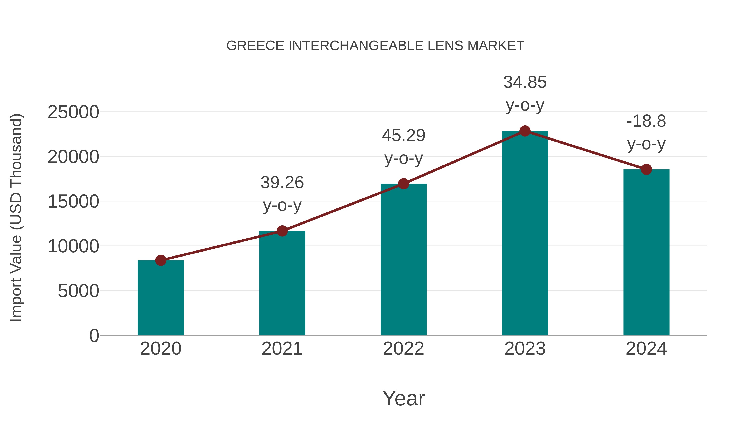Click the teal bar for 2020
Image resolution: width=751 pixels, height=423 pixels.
click(x=161, y=298)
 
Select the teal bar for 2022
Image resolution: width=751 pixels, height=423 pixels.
click(x=403, y=260)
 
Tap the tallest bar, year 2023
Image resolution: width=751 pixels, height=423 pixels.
click(x=525, y=234)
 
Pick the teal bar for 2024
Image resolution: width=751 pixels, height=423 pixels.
click(x=646, y=253)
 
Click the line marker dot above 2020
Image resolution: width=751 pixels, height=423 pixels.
click(x=161, y=260)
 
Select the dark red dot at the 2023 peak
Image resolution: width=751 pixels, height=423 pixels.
click(x=525, y=131)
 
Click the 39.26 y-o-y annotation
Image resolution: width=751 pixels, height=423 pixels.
click(x=282, y=194)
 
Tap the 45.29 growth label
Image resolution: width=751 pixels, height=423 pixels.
click(x=403, y=147)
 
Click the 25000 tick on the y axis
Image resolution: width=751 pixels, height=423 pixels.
click(x=73, y=112)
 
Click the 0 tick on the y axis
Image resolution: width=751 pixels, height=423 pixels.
click(x=94, y=335)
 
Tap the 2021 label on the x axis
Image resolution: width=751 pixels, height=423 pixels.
click(x=282, y=349)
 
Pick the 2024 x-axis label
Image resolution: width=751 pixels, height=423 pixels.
click(x=646, y=349)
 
